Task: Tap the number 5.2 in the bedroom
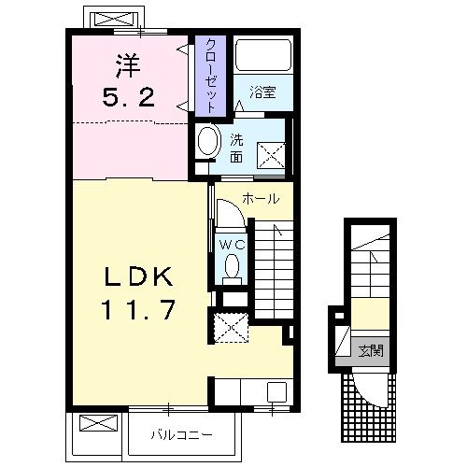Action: (x=128, y=97)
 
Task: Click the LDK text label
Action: (x=138, y=276)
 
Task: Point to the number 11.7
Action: (x=138, y=309)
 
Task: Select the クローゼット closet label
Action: (x=210, y=76)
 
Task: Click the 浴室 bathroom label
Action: (x=262, y=92)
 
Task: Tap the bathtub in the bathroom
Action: (x=263, y=55)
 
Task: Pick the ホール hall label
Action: (x=261, y=199)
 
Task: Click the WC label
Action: (x=232, y=245)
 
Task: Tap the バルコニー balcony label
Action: (x=182, y=434)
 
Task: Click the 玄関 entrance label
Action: (x=371, y=351)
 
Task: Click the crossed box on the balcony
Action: (x=98, y=423)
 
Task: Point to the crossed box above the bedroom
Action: (x=114, y=20)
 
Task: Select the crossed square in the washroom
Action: (x=271, y=156)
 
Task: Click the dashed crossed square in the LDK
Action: (x=232, y=328)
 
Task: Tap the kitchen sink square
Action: (x=276, y=391)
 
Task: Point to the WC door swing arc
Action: (x=236, y=207)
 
